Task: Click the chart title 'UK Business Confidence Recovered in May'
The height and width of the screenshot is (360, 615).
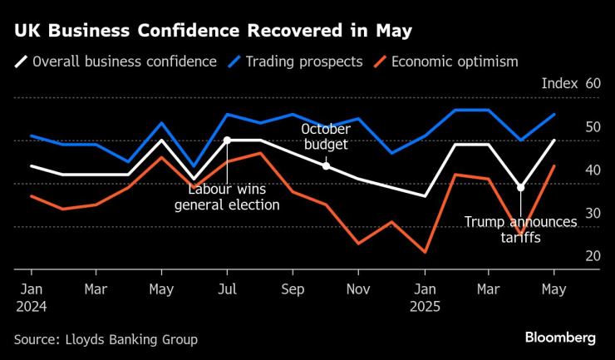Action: [212, 32]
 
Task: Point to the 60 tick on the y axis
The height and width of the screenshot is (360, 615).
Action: [593, 84]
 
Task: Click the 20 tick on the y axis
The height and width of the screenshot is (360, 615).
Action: [593, 256]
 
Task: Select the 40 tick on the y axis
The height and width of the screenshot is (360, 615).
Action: [593, 170]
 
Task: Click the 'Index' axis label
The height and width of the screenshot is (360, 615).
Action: [559, 84]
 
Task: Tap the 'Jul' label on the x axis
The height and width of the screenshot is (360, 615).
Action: [227, 289]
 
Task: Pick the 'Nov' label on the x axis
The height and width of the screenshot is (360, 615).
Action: [358, 289]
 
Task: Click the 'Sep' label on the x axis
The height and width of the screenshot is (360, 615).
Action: [293, 289]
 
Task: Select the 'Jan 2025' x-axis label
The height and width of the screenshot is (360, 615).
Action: [424, 297]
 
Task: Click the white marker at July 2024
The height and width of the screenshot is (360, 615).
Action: [227, 141]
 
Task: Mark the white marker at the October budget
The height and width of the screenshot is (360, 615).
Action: [326, 166]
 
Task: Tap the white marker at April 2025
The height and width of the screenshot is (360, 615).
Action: [521, 188]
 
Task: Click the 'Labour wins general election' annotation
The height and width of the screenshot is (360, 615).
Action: [227, 197]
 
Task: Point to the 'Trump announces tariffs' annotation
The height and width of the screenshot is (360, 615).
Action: [520, 229]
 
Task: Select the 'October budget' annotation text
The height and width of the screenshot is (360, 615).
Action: [325, 137]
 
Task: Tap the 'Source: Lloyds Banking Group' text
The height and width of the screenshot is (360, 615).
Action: [106, 339]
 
